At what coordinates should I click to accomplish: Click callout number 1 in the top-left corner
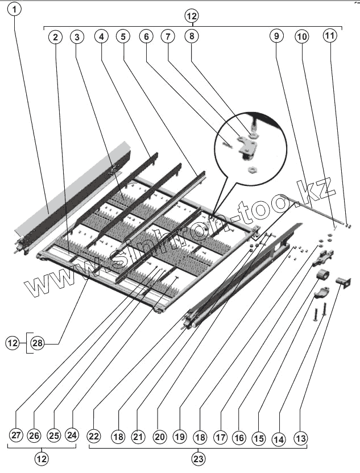[x=15, y=10]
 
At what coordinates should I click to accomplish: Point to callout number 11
[x=330, y=35]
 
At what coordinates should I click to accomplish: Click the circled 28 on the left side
[x=37, y=343]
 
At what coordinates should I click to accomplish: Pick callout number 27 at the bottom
[x=16, y=436]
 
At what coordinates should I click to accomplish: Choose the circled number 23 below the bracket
[x=197, y=458]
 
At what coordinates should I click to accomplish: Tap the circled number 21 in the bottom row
[x=137, y=436]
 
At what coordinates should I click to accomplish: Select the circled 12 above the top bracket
[x=192, y=16]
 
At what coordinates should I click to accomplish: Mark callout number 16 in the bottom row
[x=239, y=438]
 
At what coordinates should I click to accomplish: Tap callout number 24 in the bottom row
[x=71, y=436]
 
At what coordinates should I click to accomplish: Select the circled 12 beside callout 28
[x=13, y=343]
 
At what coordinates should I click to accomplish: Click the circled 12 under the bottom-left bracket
[x=42, y=458]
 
